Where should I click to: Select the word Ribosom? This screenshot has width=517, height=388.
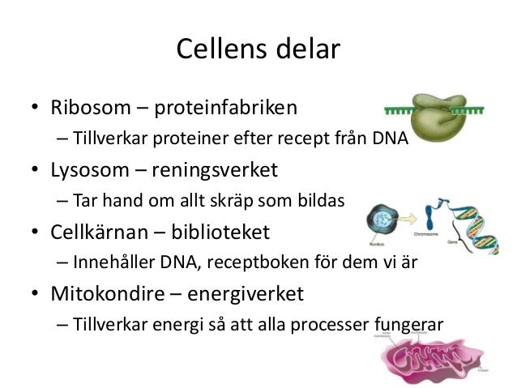pos(88,107)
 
